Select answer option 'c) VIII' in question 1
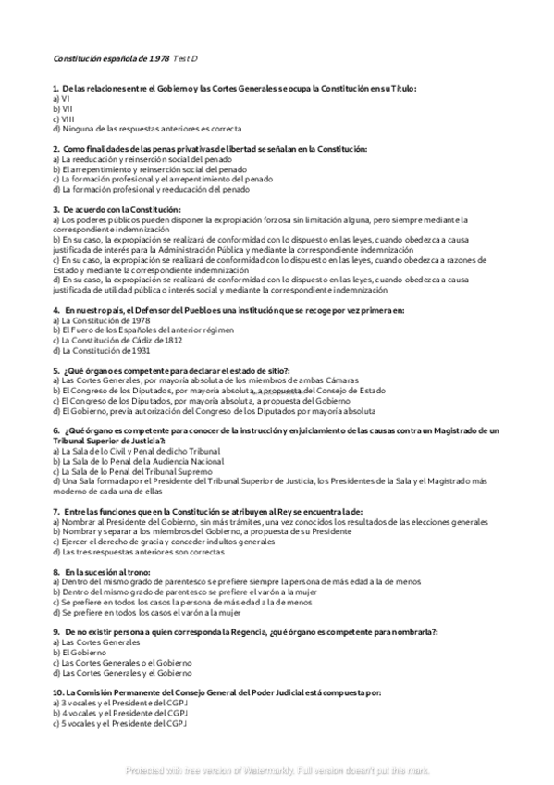coord(64,118)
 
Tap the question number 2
coord(56,149)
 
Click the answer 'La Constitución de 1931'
coord(101,351)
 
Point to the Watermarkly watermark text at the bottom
coord(277,770)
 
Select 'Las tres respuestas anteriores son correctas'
coord(138,552)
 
